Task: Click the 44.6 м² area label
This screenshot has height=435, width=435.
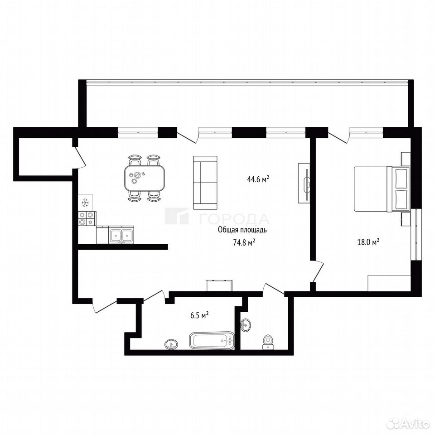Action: coord(258,179)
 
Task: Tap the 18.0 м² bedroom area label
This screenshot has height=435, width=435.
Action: coord(368,242)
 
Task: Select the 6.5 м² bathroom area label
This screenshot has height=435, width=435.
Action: coord(199,315)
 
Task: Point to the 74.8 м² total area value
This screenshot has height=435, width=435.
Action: coord(244,243)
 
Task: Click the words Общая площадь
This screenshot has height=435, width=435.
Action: coord(242,230)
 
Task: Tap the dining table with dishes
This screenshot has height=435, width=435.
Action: coord(145,178)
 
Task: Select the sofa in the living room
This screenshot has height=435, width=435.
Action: coord(205,183)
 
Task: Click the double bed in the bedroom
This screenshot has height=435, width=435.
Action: coord(382,189)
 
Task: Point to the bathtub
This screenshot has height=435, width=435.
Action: coord(212,340)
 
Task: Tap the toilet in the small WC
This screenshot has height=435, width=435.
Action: coord(268,343)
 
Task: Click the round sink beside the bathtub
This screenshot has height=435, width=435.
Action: coord(171,345)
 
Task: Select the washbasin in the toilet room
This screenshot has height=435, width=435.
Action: coord(245,324)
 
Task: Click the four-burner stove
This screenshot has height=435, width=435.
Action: coord(87,218)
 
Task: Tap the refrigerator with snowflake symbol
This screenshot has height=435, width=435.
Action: coord(85,203)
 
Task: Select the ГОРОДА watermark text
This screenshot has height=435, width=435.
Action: coord(234,219)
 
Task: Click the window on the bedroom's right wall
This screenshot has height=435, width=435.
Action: coord(416,234)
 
